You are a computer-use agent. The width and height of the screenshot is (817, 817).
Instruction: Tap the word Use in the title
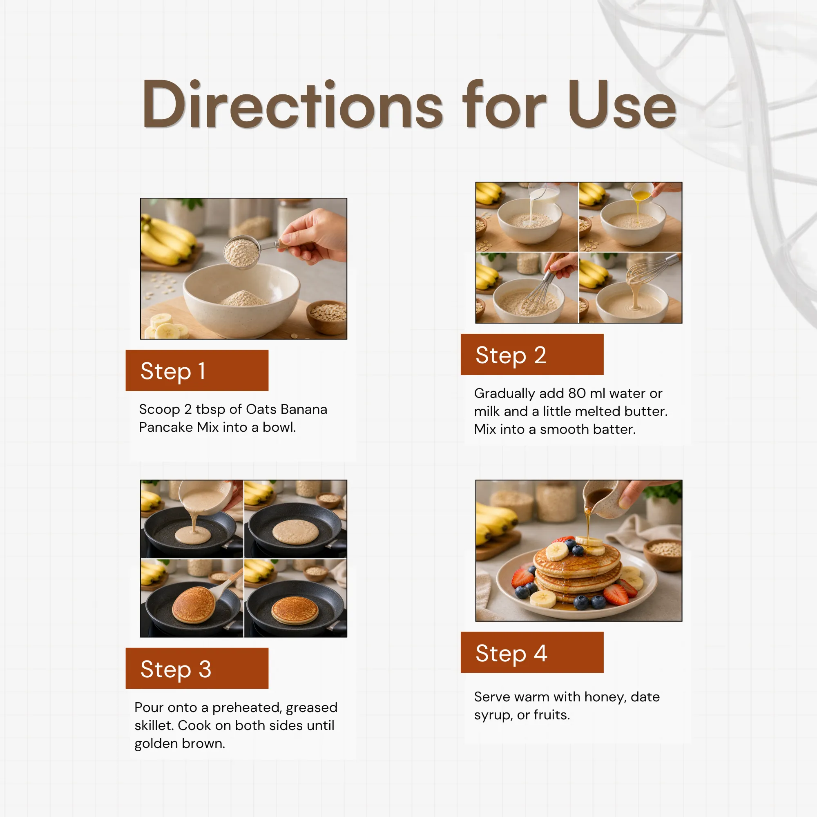click(x=622, y=104)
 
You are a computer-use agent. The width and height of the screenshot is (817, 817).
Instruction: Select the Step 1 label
click(x=173, y=371)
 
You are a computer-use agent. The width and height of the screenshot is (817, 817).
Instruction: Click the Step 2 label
click(x=511, y=355)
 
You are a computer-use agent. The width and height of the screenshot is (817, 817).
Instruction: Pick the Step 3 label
click(x=176, y=669)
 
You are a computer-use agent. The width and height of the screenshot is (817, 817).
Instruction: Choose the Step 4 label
click(x=512, y=653)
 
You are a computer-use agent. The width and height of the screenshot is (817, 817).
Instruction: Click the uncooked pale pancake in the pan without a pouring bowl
click(x=296, y=532)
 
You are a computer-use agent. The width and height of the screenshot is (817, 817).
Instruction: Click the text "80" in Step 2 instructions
click(x=577, y=393)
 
